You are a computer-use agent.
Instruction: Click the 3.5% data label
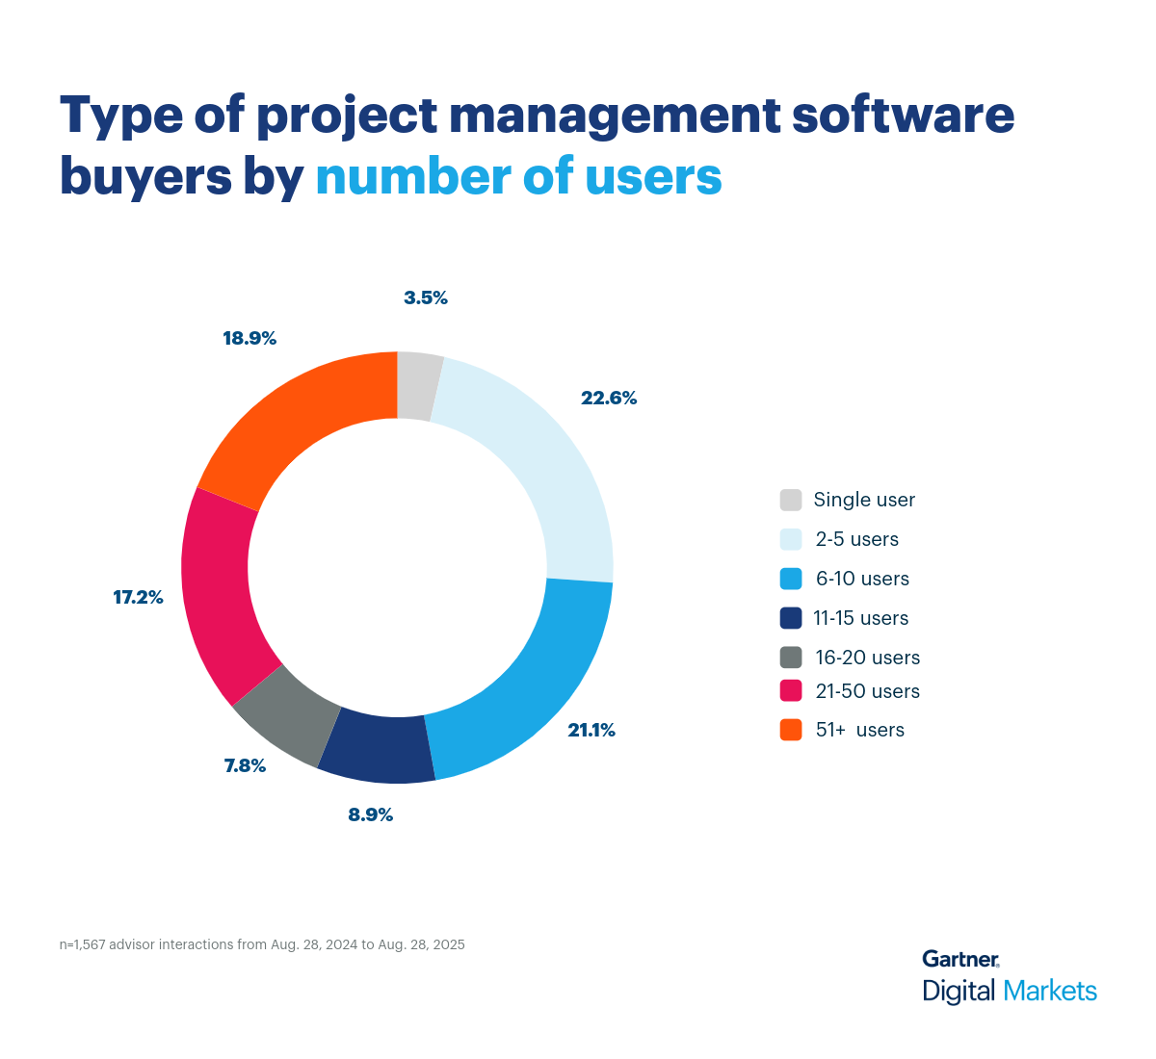(426, 298)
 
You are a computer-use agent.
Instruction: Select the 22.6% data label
(609, 399)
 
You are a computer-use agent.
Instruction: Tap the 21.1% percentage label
(591, 731)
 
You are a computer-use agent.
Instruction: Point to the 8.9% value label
(371, 815)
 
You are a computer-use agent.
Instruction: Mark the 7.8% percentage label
(245, 766)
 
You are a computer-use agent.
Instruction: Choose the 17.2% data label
(139, 598)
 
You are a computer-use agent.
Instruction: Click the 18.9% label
(250, 339)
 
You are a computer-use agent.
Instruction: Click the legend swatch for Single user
(791, 501)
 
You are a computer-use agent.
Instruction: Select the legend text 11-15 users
(861, 618)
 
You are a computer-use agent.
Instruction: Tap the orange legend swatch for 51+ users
(791, 730)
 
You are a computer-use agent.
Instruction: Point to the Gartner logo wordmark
(960, 959)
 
